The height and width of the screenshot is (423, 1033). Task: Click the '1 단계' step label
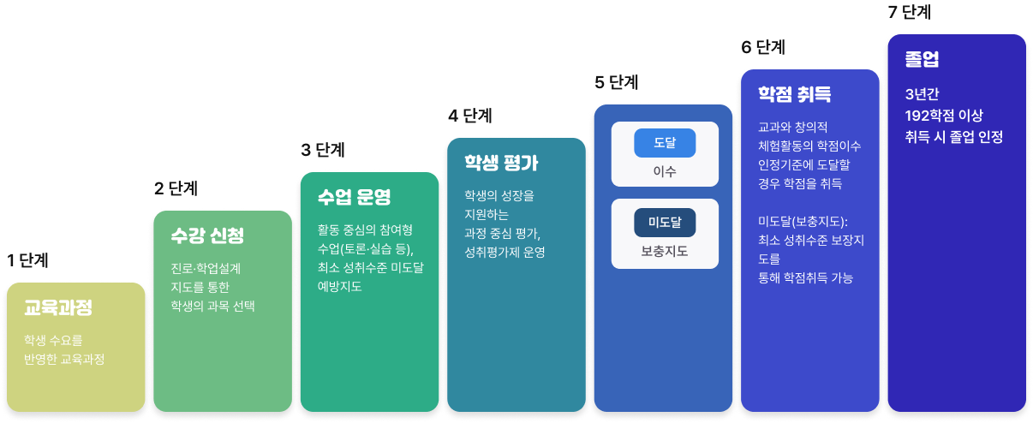pyautogui.click(x=27, y=260)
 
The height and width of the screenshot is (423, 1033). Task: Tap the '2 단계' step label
pyautogui.click(x=176, y=188)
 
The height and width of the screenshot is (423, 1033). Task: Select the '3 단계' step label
pyautogui.click(x=323, y=150)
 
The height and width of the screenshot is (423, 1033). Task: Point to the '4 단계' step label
pyautogui.click(x=470, y=116)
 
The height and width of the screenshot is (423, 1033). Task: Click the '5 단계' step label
pyautogui.click(x=617, y=82)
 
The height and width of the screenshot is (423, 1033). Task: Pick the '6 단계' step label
pyautogui.click(x=763, y=47)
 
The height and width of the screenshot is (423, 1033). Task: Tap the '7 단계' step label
pyautogui.click(x=910, y=12)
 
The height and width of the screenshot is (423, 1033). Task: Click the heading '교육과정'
pyautogui.click(x=58, y=307)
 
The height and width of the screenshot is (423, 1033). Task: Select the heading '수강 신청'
pyautogui.click(x=207, y=235)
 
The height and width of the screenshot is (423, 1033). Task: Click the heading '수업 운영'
pyautogui.click(x=354, y=197)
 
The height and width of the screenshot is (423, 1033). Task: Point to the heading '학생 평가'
pyautogui.click(x=501, y=163)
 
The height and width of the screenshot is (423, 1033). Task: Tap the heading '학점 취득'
pyautogui.click(x=795, y=94)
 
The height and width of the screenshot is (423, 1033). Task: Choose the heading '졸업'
pyautogui.click(x=922, y=59)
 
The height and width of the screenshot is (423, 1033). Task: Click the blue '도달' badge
pyautogui.click(x=665, y=143)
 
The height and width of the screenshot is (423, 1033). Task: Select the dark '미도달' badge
pyautogui.click(x=665, y=223)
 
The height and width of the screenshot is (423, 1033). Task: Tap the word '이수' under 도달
pyautogui.click(x=665, y=171)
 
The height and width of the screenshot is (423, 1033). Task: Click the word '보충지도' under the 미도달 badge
pyautogui.click(x=665, y=251)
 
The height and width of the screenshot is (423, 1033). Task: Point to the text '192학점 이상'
pyautogui.click(x=944, y=116)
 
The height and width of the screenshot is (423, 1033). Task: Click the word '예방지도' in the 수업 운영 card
pyautogui.click(x=340, y=286)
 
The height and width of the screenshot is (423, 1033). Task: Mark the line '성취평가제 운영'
pyautogui.click(x=505, y=252)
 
